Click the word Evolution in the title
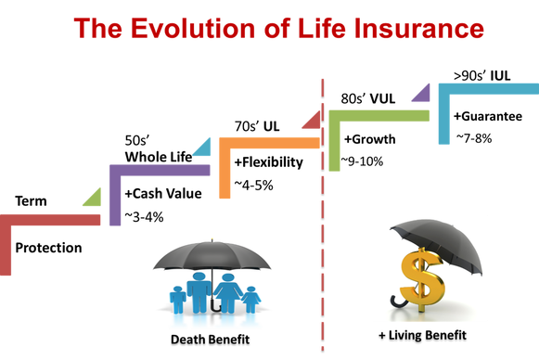coord(194,28)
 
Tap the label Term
coord(31,200)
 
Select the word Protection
coord(48,248)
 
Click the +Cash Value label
coord(163,194)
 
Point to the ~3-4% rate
coord(144,217)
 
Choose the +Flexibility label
coord(269,162)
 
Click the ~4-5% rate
coord(253,186)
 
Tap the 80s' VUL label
coord(368,98)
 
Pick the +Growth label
coord(370,139)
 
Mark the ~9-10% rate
coord(362,161)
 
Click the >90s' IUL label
coord(481,76)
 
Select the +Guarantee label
coord(488,116)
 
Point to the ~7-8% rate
coord(474,138)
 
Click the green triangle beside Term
coord(95,199)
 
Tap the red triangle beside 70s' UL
coord(314,122)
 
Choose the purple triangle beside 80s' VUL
coord(423,96)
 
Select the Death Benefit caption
coord(210,340)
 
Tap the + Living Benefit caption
coord(422,335)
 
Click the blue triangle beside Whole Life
coord(204,149)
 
